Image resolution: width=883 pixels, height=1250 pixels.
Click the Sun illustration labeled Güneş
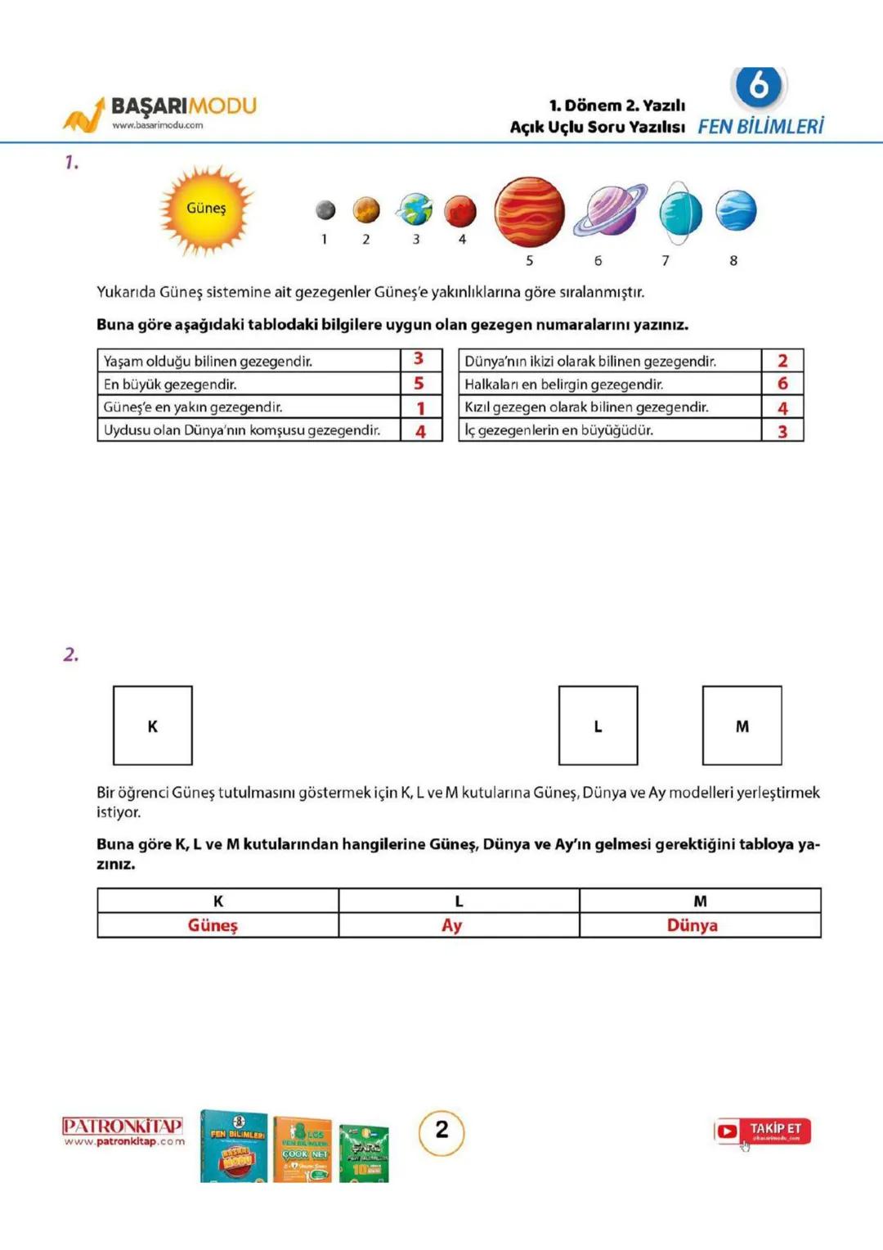pos(205,209)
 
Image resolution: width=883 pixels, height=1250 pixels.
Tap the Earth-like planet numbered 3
pos(415,209)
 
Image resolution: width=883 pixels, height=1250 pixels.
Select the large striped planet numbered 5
pos(529,212)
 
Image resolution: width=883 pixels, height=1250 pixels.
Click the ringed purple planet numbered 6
pos(610,209)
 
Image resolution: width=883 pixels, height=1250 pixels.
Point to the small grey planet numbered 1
pos(325,210)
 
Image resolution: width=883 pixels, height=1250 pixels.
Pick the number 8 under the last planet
pos(733,260)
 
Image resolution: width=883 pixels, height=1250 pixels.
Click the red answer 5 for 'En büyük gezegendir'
pos(419,383)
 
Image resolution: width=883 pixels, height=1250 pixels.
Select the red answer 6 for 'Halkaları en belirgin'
pos(782,383)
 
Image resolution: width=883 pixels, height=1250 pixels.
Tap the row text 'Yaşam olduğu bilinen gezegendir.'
pos(208,361)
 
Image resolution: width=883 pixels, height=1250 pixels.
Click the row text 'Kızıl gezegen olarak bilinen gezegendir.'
pos(586,407)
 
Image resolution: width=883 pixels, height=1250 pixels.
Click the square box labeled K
pos(153,726)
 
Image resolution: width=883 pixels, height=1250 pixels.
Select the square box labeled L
pos(598,726)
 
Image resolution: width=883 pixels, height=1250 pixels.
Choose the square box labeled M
pos(742,726)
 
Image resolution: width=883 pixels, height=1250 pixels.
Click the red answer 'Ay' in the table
pos(452,925)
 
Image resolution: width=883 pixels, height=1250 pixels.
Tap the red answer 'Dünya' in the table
pos(692,925)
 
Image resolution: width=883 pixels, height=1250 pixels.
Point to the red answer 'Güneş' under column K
pos(213,925)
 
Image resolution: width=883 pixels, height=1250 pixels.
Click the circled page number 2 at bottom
pos(441,1132)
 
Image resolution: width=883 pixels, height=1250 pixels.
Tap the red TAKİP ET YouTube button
pos(762,1131)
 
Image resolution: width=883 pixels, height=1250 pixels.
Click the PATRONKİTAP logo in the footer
pos(123,1131)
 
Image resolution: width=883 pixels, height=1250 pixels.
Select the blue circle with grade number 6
pos(759,86)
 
